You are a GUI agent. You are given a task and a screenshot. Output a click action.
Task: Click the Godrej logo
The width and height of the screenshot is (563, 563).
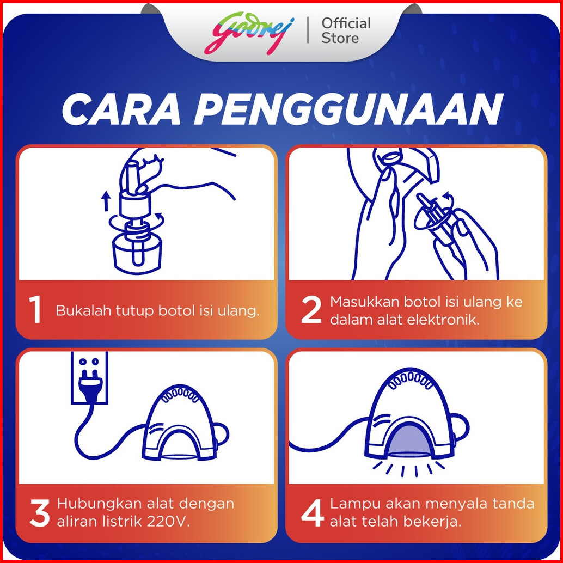point(249,33)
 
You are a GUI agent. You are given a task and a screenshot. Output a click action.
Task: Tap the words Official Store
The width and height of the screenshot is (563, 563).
point(346,31)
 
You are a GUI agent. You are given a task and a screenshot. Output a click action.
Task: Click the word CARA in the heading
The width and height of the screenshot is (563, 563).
point(121,109)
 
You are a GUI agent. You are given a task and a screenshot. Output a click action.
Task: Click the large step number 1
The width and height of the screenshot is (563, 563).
point(35,310)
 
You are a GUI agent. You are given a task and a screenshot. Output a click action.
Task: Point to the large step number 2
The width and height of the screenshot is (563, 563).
point(310,310)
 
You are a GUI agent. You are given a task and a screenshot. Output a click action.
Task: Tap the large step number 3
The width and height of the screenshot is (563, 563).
point(40,514)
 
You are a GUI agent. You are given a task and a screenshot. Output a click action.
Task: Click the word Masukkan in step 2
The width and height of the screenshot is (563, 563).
point(364,302)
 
